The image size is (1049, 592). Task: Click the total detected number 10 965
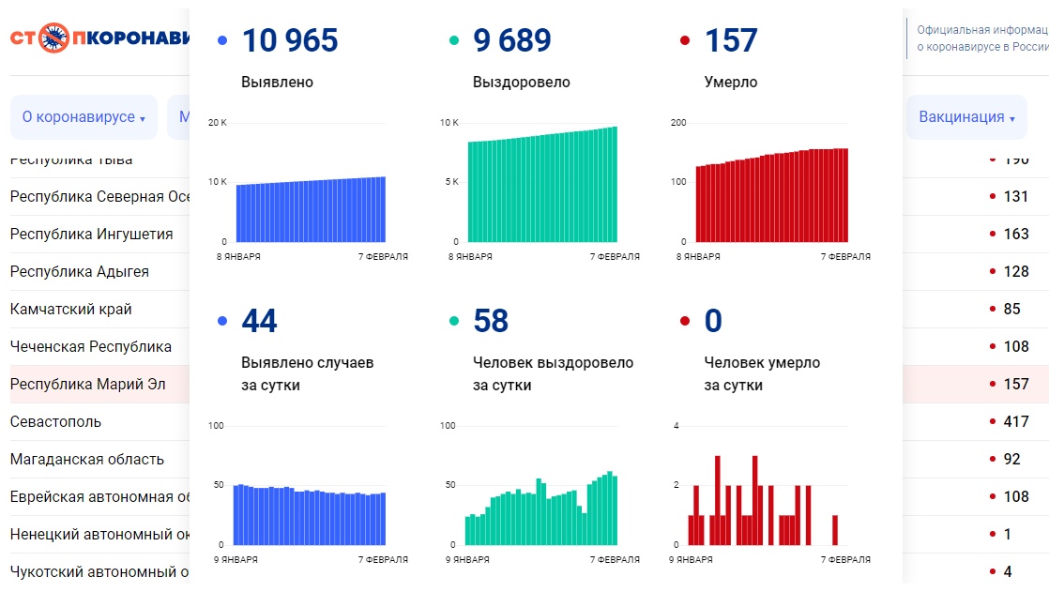pos(289,40)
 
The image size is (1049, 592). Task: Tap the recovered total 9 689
pos(512,40)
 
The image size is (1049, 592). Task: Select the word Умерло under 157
pos(731,83)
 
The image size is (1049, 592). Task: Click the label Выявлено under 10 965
pos(277,83)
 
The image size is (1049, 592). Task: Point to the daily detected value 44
pos(260,321)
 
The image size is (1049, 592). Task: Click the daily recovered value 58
pos(491,321)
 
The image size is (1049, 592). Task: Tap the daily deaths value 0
pos(713,321)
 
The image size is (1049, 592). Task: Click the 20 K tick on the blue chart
pos(218,123)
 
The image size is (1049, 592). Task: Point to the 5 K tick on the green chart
pos(450,182)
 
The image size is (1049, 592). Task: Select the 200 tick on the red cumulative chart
pos(678,123)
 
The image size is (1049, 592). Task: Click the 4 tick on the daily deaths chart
pos(676,426)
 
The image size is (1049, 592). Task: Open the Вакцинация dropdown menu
pos(966,117)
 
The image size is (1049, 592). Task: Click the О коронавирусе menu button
pos(84,117)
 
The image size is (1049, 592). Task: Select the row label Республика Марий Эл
pos(88,385)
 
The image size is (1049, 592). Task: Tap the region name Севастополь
pos(55,422)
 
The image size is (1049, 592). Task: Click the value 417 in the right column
pos(1016,422)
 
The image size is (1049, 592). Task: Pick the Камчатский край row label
pos(71,310)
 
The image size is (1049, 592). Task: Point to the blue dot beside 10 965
pos(222,40)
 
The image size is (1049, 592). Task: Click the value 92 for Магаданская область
pos(1012,460)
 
